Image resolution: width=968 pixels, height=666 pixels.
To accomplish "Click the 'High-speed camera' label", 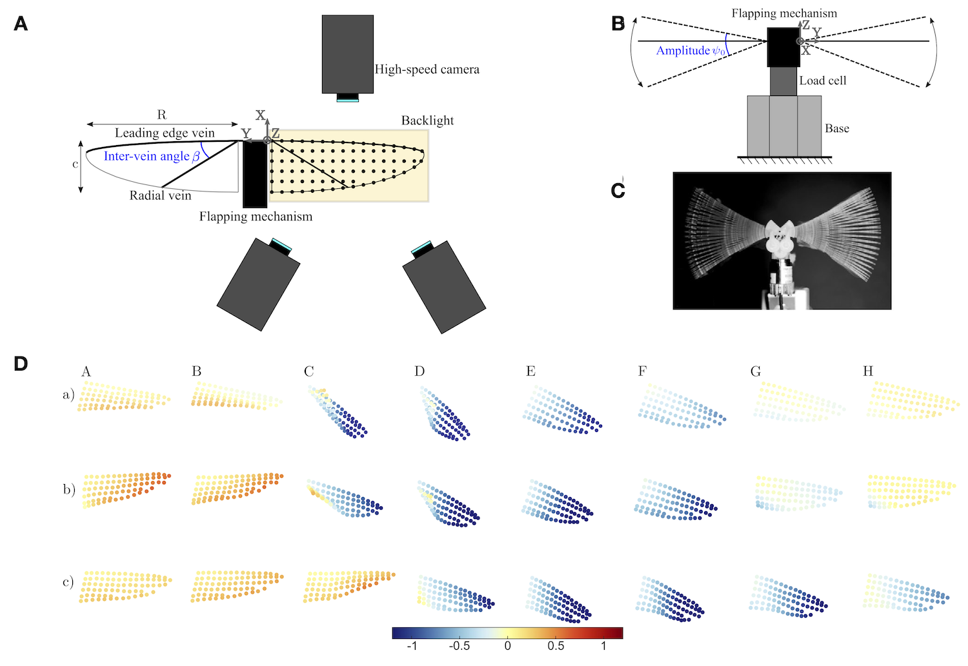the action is coord(427,70).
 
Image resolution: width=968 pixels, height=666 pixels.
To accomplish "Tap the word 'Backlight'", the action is coord(427,121).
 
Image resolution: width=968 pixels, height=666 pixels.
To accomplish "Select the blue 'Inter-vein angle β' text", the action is coord(152,156).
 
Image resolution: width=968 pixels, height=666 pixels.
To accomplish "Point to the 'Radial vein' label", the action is coord(160,195).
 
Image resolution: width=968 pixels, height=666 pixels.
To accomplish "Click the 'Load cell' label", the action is coord(822,81).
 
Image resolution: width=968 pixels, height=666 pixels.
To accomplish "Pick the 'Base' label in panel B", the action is coord(836,128).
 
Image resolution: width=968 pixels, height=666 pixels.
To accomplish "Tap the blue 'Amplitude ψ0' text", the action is coord(691,51).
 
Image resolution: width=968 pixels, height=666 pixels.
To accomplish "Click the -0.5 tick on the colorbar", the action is coord(459,646).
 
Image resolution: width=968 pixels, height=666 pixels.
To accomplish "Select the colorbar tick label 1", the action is coord(603,646).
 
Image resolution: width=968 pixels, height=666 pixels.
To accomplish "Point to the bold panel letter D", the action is coord(21,364).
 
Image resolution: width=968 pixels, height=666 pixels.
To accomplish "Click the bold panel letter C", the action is coord(618,191).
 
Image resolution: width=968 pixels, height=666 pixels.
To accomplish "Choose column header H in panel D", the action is coord(868,371).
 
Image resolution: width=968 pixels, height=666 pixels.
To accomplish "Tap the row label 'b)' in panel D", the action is coord(69,490).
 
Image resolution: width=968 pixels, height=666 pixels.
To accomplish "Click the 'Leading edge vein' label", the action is coord(165,133).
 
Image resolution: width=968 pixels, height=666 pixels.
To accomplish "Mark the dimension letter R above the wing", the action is coord(161,114).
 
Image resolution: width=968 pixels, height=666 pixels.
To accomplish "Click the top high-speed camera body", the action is coord(347,54).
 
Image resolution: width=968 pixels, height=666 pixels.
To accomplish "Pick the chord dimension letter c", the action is coord(76,164).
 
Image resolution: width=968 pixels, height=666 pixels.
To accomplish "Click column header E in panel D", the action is coord(530,371).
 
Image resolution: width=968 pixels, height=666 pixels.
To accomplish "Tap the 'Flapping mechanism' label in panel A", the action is coord(256,216).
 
